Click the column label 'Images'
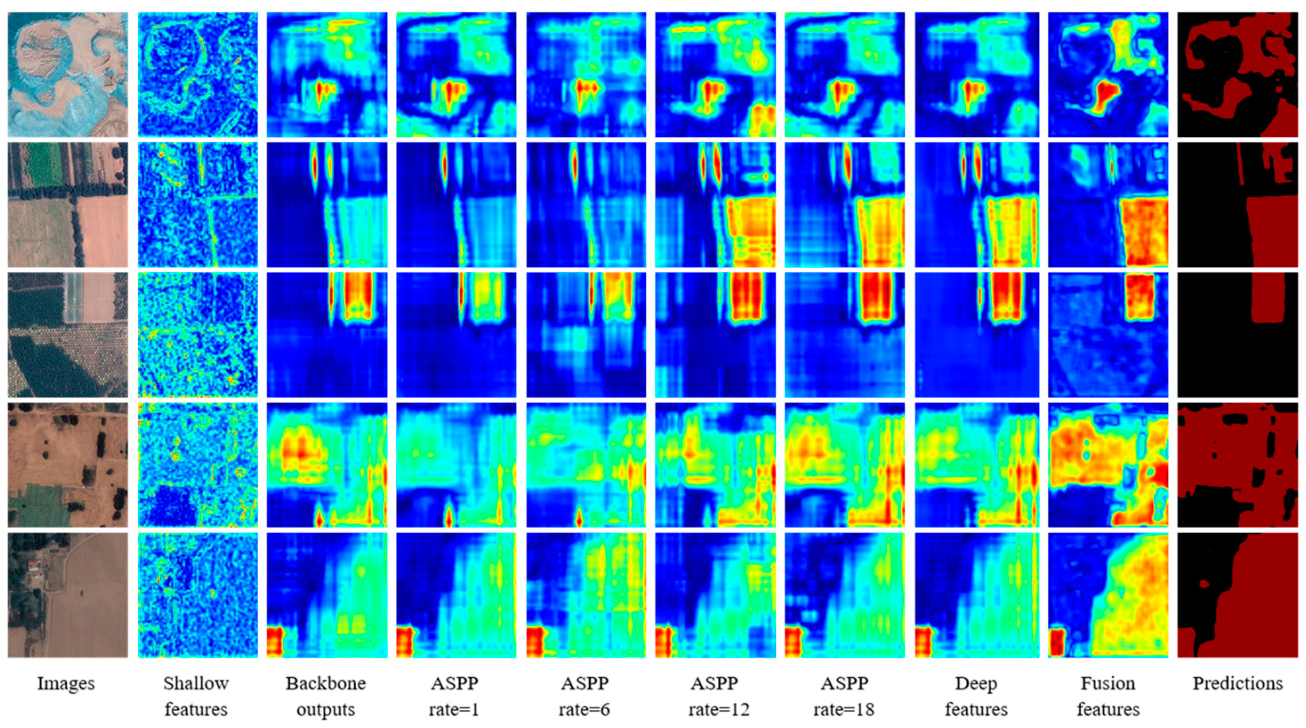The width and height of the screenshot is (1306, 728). [x=66, y=684]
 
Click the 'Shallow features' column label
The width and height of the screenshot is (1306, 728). [x=196, y=696]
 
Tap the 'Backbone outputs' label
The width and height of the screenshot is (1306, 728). [x=325, y=696]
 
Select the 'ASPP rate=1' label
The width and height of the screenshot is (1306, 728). [x=454, y=696]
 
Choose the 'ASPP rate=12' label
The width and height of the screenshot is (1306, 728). [x=715, y=696]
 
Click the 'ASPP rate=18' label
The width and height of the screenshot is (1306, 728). [x=844, y=696]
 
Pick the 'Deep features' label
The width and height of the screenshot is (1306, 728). [x=976, y=696]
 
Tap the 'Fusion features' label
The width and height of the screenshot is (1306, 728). [x=1108, y=696]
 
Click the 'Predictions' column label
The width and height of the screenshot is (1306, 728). [x=1238, y=684]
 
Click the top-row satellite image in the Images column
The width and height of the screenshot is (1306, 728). [x=68, y=75]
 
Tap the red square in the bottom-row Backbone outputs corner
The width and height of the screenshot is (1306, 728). [x=274, y=641]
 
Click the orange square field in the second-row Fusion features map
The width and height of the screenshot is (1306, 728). [x=1143, y=231]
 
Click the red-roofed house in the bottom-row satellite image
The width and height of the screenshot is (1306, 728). [x=35, y=565]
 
